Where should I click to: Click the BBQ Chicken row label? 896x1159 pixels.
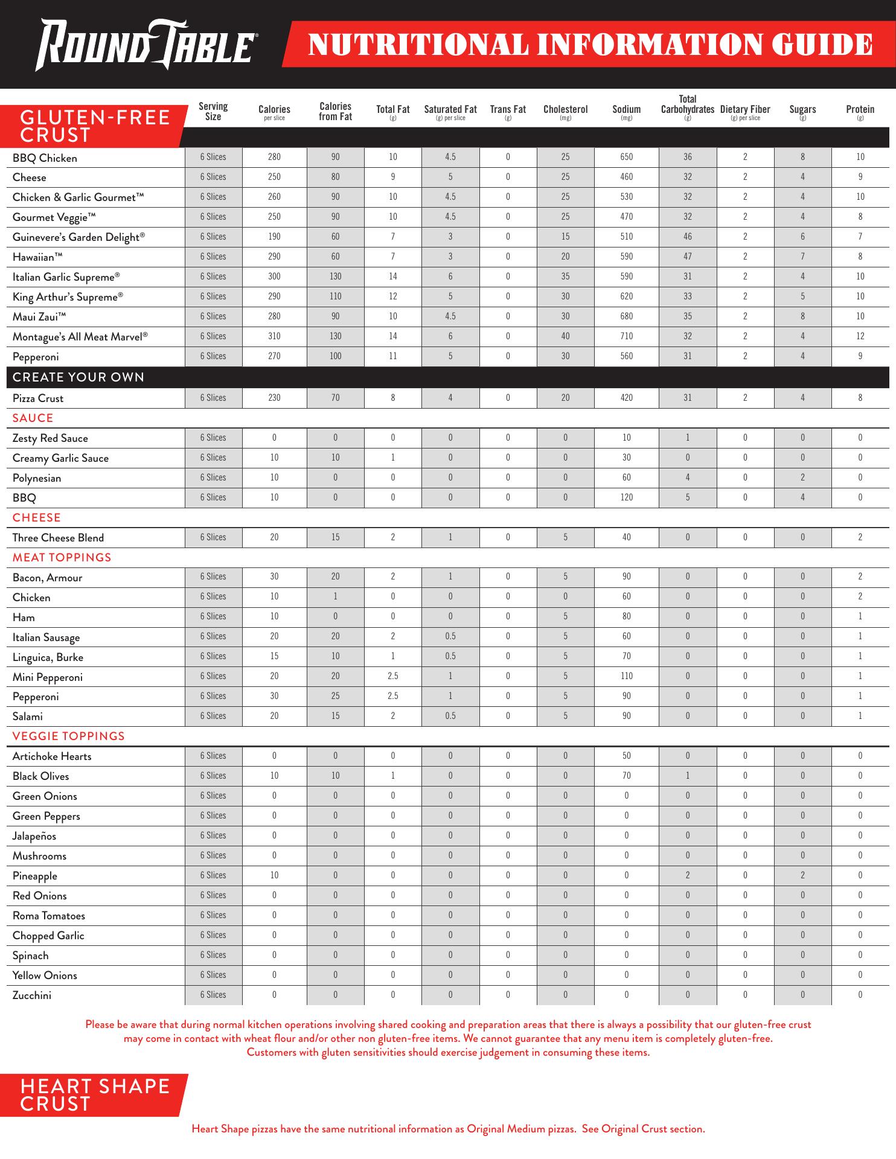(45, 158)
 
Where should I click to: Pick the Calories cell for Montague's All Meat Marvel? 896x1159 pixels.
(274, 336)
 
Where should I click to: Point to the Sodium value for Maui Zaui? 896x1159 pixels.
(626, 316)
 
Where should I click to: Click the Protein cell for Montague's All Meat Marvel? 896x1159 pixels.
(860, 336)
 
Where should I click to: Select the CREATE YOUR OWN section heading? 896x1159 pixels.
(78, 377)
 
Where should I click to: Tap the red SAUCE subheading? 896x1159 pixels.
(33, 418)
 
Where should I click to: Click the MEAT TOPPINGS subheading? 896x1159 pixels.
(62, 557)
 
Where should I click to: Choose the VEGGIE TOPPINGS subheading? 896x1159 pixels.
(68, 736)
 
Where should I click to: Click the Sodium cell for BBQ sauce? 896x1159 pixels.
(626, 497)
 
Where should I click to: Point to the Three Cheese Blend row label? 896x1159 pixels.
(58, 538)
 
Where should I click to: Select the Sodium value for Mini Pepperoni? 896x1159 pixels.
(626, 676)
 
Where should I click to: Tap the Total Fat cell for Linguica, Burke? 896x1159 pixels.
(392, 656)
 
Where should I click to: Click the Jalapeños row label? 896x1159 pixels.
(34, 836)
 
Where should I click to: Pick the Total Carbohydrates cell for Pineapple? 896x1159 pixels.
(687, 875)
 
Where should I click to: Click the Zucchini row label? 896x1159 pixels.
(32, 995)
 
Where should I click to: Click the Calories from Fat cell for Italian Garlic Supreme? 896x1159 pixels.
(335, 276)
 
